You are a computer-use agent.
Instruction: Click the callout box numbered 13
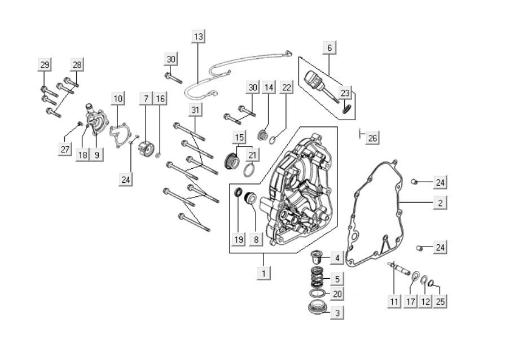(x=198, y=36)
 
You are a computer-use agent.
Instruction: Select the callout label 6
(x=330, y=48)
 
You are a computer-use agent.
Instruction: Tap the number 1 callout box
(x=263, y=273)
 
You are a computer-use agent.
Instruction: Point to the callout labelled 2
(x=441, y=202)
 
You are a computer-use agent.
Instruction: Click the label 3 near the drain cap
(x=337, y=312)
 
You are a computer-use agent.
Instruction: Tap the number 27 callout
(x=65, y=149)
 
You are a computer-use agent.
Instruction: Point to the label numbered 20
(x=337, y=294)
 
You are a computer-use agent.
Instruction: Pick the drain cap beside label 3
(x=318, y=309)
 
